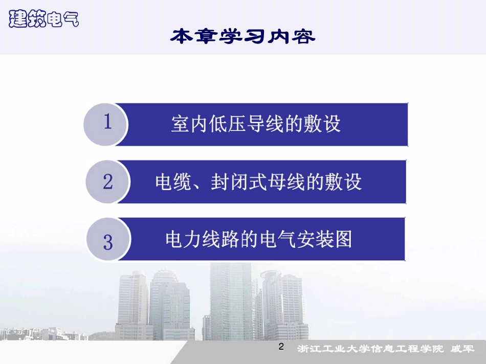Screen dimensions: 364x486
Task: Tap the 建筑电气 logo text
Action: click(x=44, y=19)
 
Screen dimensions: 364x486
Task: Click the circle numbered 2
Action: click(x=108, y=181)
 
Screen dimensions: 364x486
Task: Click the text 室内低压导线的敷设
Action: click(x=256, y=124)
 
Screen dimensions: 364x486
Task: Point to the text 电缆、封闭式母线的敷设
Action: click(x=258, y=182)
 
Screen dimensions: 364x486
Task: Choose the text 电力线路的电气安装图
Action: click(x=258, y=239)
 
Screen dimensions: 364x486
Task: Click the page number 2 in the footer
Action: click(x=281, y=348)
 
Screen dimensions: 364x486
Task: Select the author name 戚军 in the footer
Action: click(x=462, y=350)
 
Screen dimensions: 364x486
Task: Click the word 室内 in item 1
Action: click(x=189, y=124)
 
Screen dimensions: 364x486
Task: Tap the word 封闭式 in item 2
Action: click(x=239, y=182)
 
